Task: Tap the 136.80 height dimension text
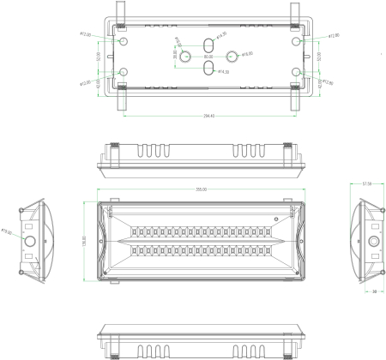coord(84,239)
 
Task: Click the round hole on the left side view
coord(32,242)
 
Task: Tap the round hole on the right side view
coord(373,242)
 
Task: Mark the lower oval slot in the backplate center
coord(208,69)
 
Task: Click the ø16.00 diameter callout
coord(247,55)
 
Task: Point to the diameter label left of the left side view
coord(6,231)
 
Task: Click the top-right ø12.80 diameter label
coord(334,35)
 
